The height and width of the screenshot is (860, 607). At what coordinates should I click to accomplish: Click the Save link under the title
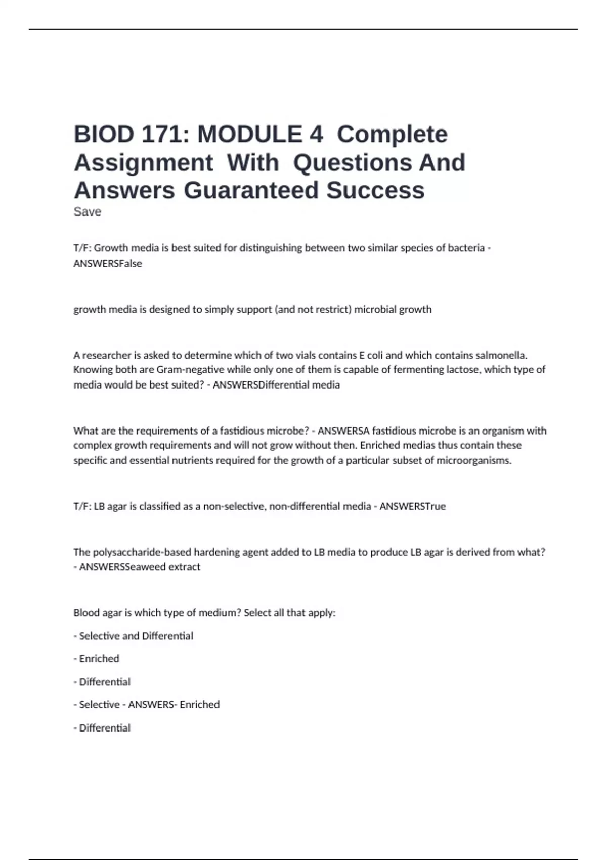tap(87, 212)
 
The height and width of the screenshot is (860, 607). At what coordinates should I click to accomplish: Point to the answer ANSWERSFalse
tap(108, 264)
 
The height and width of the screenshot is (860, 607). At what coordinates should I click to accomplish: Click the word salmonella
tap(501, 355)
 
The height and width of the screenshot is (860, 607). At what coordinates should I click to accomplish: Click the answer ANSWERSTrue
tap(412, 506)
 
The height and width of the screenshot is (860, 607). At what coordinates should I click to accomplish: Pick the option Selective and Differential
tap(136, 636)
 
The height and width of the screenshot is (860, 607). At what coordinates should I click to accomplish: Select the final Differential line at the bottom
tap(105, 728)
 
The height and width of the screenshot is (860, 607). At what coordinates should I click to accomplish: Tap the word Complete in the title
tap(392, 135)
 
